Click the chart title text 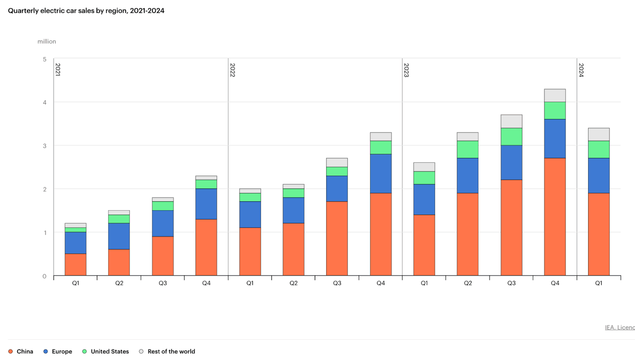coord(86,11)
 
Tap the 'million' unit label coord(47,41)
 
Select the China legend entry coord(21,351)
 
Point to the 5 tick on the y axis coord(45,59)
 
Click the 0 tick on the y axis coord(45,276)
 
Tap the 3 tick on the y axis coord(45,146)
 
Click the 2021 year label coord(58,69)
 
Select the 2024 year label coord(581,70)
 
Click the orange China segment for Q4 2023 coord(555,217)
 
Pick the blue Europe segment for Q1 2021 coord(76,243)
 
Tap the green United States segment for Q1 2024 coord(599,149)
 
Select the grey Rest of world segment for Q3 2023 coord(511,121)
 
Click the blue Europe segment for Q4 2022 coord(381,173)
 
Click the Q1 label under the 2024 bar coord(599,283)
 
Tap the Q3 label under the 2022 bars coord(337,283)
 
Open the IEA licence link coord(620,327)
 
